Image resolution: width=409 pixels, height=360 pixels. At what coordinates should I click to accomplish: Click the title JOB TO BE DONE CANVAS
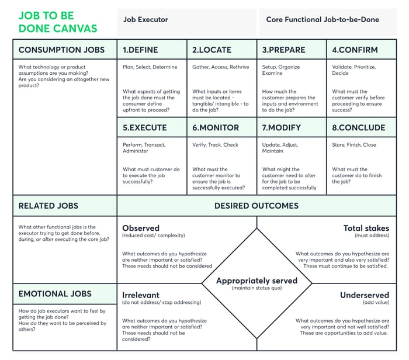tap(58, 22)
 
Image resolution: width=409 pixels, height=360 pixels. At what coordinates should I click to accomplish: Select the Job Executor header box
tap(145, 20)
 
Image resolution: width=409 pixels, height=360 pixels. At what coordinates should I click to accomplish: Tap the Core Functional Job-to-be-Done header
tap(323, 20)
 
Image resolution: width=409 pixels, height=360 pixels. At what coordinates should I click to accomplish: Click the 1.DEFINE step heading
tap(140, 50)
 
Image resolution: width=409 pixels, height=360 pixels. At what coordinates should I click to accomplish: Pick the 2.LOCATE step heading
tap(212, 50)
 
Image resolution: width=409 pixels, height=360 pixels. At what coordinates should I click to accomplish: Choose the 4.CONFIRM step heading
tap(355, 50)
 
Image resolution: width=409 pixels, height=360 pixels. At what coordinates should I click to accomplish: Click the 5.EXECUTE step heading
tap(144, 127)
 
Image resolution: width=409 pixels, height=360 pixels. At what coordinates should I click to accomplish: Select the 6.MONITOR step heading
tap(216, 127)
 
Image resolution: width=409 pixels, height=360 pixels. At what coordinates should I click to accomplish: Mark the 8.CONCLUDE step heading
tap(358, 127)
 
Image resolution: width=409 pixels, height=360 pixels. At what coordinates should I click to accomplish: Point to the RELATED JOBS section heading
tap(48, 206)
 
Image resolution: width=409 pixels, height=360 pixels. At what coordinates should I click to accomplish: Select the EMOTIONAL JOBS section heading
tap(55, 294)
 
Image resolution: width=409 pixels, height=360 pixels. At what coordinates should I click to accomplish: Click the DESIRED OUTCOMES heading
tap(256, 206)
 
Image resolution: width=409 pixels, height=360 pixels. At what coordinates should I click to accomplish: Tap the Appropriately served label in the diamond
tap(257, 281)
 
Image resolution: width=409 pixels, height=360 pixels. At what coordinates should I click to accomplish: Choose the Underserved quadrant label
tap(364, 295)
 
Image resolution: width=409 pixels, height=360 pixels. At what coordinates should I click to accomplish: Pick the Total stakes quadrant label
tap(366, 228)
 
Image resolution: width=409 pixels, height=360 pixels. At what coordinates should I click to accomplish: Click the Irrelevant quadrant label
tap(141, 295)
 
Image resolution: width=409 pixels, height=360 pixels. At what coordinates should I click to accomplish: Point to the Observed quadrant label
tap(141, 228)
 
